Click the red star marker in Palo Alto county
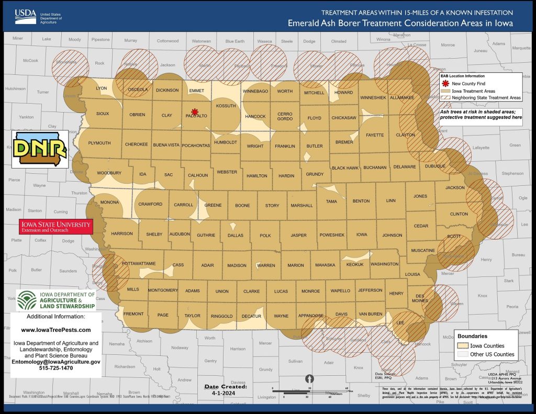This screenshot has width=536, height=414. pyautogui.click(x=195, y=111)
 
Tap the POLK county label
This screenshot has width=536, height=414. pyautogui.click(x=265, y=236)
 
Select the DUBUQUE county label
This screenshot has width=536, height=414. pyautogui.click(x=434, y=166)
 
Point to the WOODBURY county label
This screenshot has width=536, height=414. pyautogui.click(x=109, y=173)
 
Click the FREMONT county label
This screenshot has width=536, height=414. pyautogui.click(x=133, y=314)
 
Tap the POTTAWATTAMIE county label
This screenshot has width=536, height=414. pyautogui.click(x=139, y=263)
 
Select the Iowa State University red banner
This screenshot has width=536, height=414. pyautogui.click(x=56, y=227)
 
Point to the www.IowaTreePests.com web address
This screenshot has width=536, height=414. pyautogui.click(x=56, y=330)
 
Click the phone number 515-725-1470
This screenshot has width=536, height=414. pyautogui.click(x=56, y=368)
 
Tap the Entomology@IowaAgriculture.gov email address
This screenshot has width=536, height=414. pyautogui.click(x=56, y=362)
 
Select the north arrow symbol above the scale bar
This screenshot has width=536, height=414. pyautogui.click(x=309, y=377)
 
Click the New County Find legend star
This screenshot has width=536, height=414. pyautogui.click(x=445, y=84)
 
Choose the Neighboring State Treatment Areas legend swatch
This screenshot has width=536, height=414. pyautogui.click(x=445, y=97)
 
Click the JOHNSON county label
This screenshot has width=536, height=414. pyautogui.click(x=392, y=236)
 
